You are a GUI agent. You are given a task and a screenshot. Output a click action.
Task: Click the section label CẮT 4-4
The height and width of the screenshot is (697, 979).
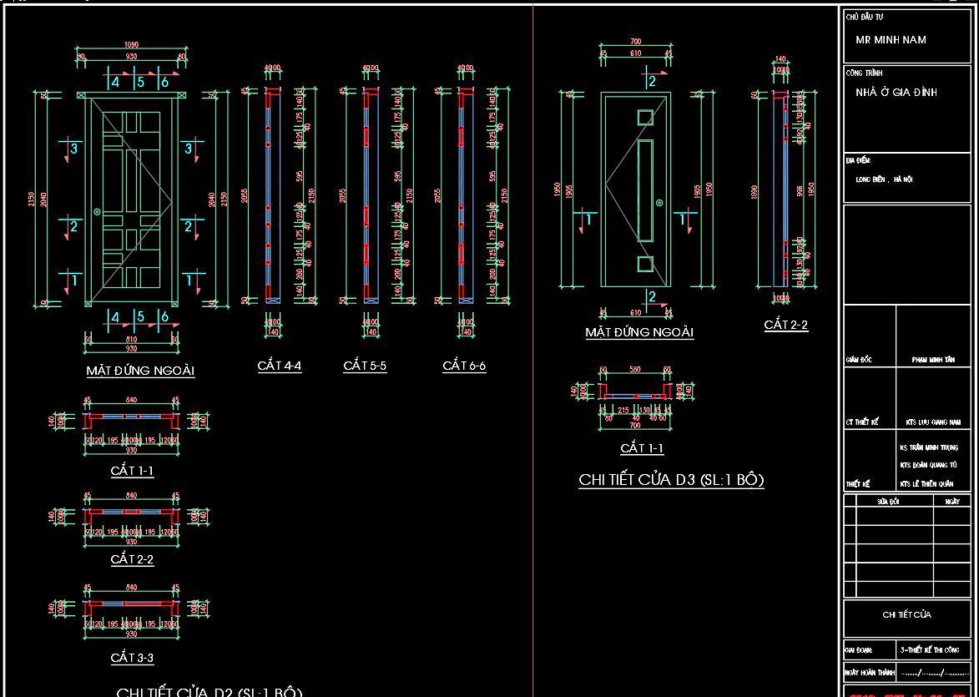pos(280,366)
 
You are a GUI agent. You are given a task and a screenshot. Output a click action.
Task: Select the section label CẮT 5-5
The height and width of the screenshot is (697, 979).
pos(365,366)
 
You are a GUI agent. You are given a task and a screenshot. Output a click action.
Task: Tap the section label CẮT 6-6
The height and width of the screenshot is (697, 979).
pos(464,366)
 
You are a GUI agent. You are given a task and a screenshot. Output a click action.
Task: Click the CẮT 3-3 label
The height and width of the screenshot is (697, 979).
pos(132,658)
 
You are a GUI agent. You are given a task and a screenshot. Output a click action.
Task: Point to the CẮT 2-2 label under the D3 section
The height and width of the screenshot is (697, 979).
pos(786,326)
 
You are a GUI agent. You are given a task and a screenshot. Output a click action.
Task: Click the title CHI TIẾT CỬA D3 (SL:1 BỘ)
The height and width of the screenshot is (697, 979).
pos(671,480)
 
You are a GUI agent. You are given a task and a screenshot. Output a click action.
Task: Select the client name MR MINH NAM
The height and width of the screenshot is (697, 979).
pos(891,40)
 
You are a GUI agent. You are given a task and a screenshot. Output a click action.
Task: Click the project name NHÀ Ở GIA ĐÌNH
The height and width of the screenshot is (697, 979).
pos(896,93)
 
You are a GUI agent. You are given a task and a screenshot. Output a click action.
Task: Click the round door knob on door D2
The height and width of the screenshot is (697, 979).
pos(98,213)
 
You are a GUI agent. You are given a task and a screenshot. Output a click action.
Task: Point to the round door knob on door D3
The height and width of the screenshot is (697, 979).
pos(659,202)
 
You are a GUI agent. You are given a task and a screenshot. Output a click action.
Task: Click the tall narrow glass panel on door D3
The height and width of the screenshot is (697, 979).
pos(645,189)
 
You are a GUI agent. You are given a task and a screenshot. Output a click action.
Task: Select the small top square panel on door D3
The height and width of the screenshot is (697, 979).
pos(645,118)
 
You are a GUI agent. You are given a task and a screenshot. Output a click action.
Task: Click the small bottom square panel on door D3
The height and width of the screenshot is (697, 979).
pos(645,264)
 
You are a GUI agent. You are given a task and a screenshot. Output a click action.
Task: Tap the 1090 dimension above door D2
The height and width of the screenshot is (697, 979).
pos(131,45)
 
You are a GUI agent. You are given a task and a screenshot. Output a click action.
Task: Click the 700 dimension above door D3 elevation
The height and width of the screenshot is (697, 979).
pos(636,42)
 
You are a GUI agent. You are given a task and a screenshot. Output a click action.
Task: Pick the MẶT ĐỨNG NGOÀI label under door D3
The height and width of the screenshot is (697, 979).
pos(639,332)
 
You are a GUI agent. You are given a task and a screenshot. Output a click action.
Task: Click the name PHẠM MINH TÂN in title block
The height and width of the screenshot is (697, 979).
pos(933,360)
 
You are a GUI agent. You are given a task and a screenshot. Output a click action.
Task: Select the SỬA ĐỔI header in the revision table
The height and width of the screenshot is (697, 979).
pos(887,502)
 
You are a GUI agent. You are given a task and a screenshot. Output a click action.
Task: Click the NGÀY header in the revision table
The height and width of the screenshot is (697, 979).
pos(952,502)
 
